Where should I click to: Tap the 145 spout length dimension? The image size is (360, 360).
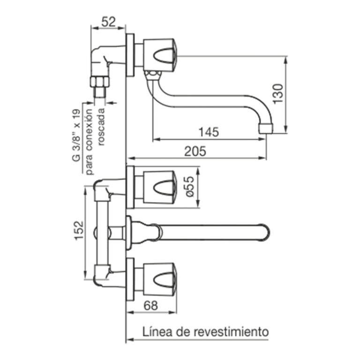pos(208,132)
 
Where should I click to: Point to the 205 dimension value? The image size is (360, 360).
pos(195,151)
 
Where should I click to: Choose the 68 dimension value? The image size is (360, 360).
pos(150,305)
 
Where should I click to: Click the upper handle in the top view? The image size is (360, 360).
pos(159,187)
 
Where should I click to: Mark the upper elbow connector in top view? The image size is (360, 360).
pos(105,188)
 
